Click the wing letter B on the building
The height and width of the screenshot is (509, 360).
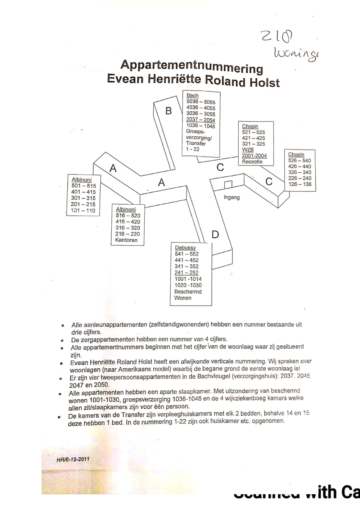168,111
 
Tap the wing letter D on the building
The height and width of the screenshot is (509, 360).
215,235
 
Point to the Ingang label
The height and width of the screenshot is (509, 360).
231,197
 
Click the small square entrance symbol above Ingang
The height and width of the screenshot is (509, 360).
228,185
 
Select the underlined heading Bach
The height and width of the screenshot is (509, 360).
193,96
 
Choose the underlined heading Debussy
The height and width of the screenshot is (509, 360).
185,248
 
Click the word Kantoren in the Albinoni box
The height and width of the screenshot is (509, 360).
126,240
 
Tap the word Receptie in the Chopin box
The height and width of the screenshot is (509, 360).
252,162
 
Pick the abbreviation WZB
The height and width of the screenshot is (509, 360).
248,150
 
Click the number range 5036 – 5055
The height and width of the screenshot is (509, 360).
201,102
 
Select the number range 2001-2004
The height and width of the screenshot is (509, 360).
254,156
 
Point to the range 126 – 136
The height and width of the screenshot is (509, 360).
300,184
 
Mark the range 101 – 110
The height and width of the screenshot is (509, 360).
84,210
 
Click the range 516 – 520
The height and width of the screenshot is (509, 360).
128,215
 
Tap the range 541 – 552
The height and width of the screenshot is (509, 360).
187,254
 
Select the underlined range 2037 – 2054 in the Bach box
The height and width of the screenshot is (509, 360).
201,120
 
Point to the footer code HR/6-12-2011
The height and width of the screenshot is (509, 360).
73,459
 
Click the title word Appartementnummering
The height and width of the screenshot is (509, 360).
192,66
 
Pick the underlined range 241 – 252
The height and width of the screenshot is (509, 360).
186,273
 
